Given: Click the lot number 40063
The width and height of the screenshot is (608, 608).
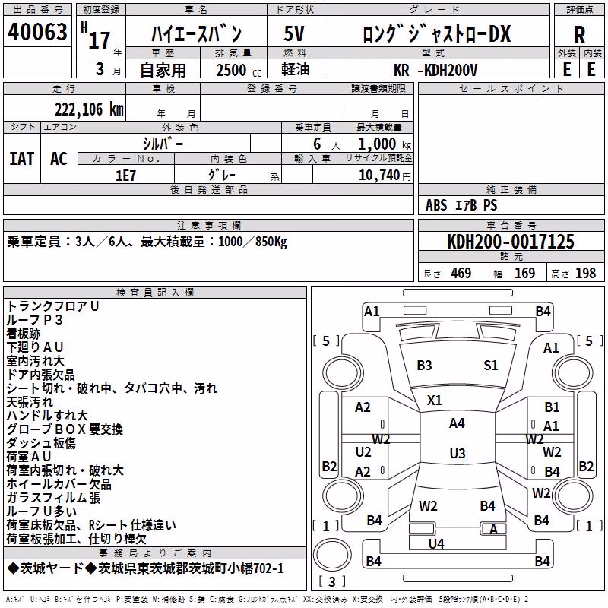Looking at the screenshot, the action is point(37,32).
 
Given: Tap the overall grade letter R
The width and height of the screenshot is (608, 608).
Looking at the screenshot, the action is point(579,35).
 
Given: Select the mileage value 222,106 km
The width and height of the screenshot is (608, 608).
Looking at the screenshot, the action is point(89,109).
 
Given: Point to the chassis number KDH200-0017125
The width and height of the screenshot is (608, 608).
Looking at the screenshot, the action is point(511,242).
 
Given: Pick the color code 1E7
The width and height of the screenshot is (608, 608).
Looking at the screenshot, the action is point(125,176).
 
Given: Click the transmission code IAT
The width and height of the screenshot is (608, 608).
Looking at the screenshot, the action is point(22,159).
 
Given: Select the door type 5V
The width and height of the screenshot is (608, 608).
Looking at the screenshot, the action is point(294,33).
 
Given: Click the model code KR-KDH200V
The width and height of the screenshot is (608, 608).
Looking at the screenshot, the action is point(435,70).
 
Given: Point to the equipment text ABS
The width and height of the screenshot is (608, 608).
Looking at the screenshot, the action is point(436,205).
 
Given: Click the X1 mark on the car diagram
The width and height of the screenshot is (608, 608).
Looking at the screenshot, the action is point(434,401).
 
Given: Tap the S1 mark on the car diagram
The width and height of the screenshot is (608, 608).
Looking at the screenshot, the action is point(490,366).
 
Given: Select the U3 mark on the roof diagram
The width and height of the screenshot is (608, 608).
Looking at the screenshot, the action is point(458,453).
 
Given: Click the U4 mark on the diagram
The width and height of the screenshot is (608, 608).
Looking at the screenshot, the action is point(436,544).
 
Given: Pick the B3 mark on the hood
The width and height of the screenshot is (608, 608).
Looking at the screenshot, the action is point(424,366).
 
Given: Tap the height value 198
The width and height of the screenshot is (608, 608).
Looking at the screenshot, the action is point(585,273).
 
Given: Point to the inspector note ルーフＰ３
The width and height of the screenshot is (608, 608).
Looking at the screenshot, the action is point(34,320).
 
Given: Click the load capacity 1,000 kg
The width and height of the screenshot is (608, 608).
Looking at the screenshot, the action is point(385,144).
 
